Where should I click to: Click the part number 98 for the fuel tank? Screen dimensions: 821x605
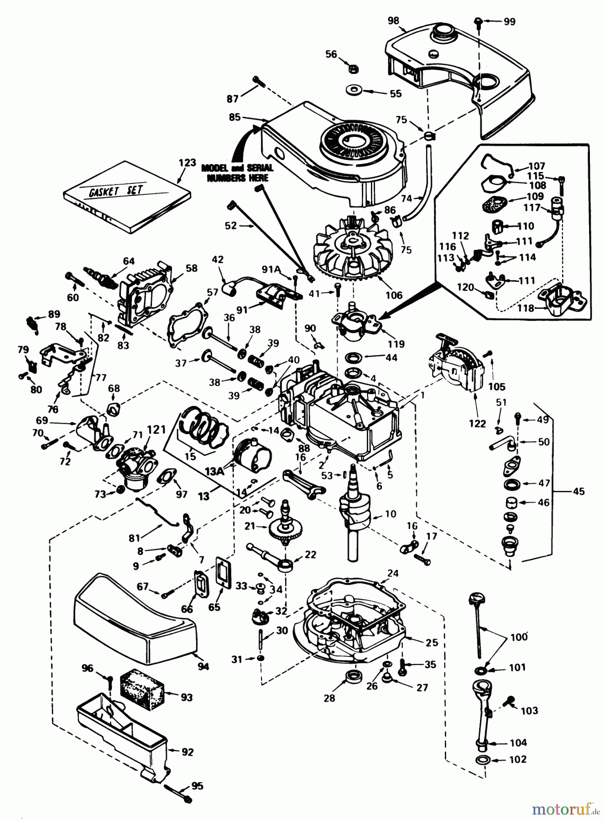click(393, 21)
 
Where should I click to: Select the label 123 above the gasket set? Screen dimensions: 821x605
click(187, 162)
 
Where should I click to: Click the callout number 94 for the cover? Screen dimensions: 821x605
click(203, 667)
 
